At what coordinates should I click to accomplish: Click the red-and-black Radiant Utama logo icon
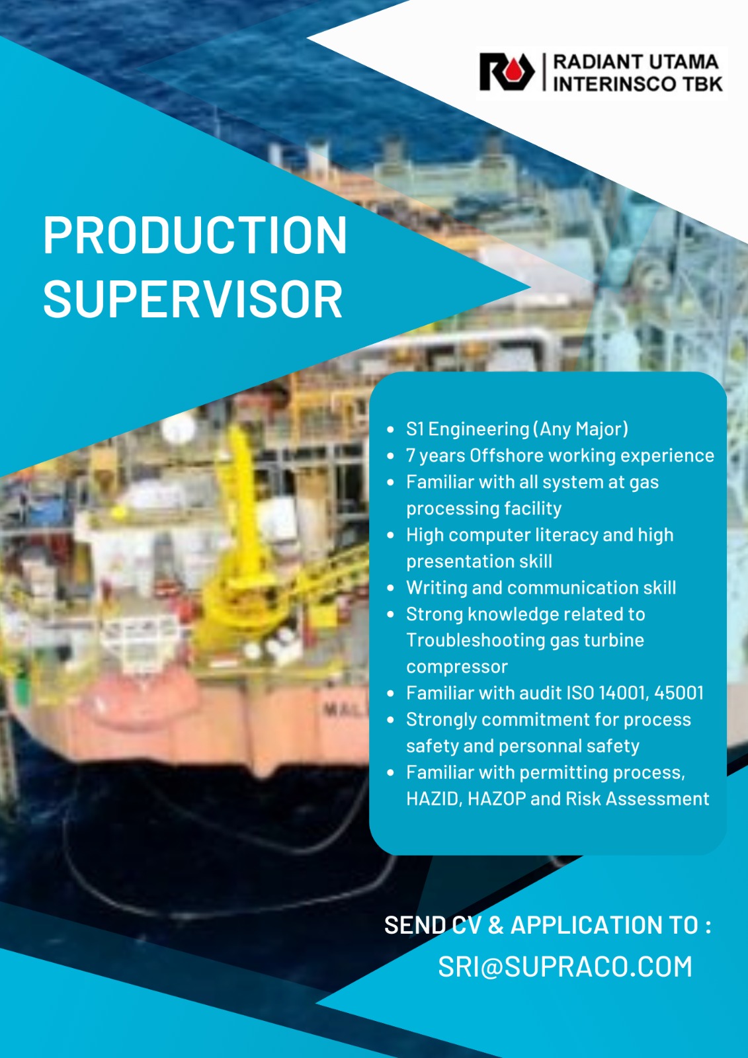point(507,72)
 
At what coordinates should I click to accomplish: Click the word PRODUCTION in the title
point(195,235)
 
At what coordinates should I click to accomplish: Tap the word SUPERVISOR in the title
point(193,299)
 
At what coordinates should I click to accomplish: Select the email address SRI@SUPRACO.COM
point(565,966)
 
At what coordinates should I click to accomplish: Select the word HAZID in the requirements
point(433,799)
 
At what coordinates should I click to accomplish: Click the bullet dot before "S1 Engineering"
point(390,429)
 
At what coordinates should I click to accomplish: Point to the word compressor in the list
point(457,667)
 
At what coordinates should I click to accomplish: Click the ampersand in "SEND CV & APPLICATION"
point(495,925)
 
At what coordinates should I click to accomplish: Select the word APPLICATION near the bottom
point(603,925)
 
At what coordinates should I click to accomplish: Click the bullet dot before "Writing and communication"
point(390,588)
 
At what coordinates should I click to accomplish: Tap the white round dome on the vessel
point(178,428)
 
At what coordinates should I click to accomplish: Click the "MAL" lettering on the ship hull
point(345,710)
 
